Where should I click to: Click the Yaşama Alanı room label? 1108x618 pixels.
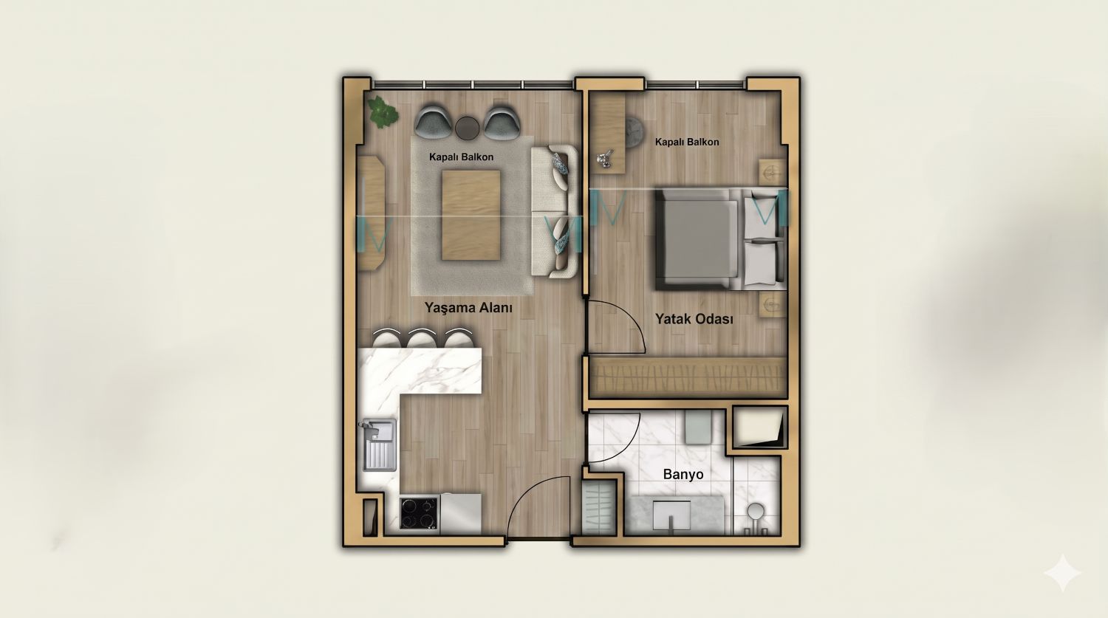[x=468, y=308]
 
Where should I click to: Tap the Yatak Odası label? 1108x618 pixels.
[x=694, y=319]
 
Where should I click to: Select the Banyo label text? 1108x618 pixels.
[x=683, y=475]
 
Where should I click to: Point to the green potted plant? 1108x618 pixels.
[x=383, y=112]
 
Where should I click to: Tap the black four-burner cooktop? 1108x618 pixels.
[x=419, y=513]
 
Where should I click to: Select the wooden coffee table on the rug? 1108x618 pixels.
[x=471, y=215]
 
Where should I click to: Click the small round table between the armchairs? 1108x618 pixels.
[x=467, y=128]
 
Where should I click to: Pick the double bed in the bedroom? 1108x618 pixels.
[x=721, y=238]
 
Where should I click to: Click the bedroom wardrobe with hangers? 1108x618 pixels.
[x=688, y=377]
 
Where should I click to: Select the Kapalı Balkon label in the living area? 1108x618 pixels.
[x=461, y=157]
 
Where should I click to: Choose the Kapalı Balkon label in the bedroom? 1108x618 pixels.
[x=687, y=142]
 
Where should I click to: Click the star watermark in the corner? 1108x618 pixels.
[x=1062, y=573]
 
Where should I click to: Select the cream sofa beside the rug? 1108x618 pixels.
[x=554, y=211]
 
